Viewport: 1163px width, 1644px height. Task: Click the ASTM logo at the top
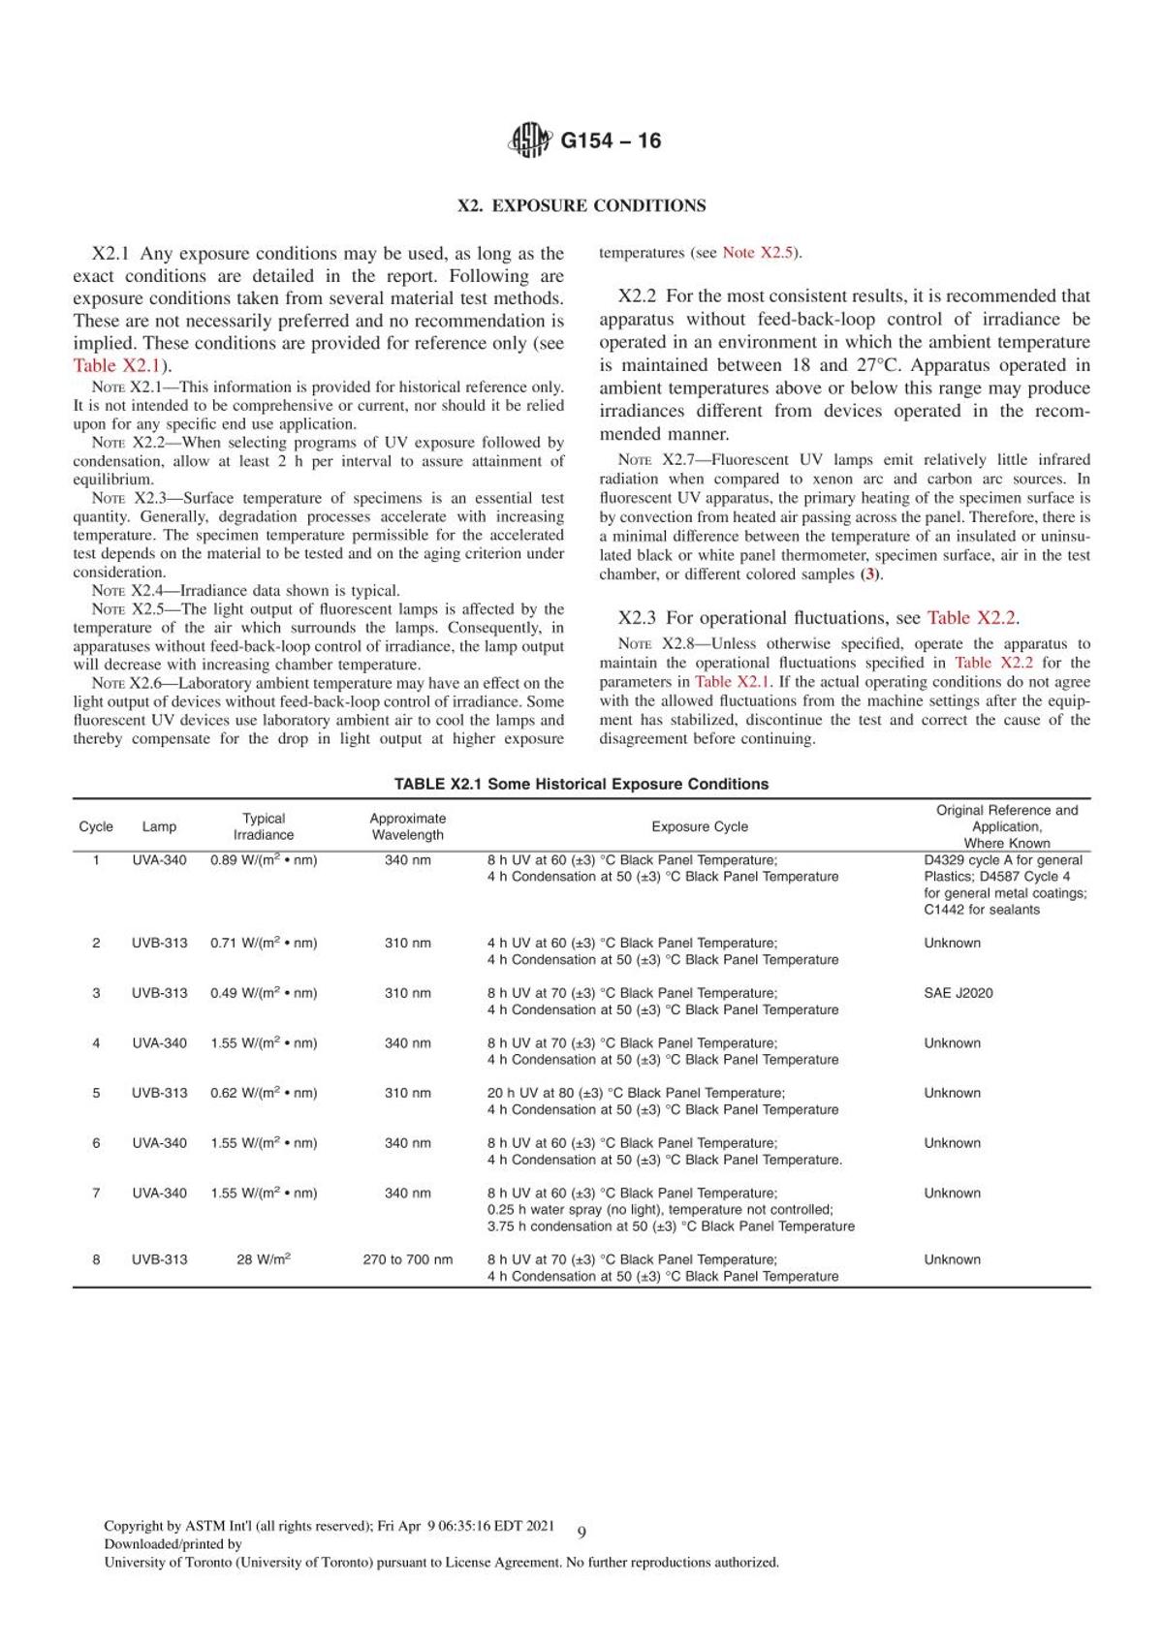pos(529,140)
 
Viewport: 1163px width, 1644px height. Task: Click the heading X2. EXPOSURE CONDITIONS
pos(581,205)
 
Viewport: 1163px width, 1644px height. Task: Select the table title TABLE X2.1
pos(581,784)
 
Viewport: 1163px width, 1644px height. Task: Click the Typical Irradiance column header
pos(264,826)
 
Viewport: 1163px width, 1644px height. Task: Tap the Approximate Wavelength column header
pos(408,826)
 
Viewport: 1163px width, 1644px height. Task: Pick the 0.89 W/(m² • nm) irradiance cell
pos(264,860)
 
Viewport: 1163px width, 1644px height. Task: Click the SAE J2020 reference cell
pos(959,993)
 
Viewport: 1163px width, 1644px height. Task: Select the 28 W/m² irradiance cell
pos(264,1259)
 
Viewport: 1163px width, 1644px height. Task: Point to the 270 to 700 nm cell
pos(408,1259)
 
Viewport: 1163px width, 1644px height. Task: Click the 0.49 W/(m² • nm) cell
pos(264,993)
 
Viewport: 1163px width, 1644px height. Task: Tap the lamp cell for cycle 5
pos(160,1093)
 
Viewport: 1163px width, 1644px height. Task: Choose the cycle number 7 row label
pos(96,1193)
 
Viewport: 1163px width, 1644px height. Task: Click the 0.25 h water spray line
pos(660,1209)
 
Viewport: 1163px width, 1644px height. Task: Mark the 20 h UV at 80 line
pos(636,1093)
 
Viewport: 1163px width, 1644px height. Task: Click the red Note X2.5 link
pos(758,253)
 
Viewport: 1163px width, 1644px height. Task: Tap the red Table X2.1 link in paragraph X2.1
pos(116,365)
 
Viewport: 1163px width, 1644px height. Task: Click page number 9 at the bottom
pos(581,1532)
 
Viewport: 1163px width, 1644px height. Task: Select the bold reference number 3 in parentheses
pos(871,574)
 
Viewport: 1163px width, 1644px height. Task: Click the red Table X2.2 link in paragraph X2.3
pos(971,618)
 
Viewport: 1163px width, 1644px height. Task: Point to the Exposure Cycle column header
pos(700,826)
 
